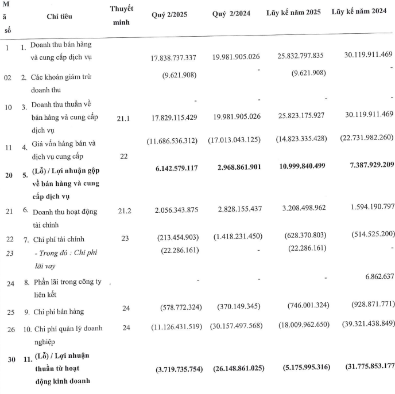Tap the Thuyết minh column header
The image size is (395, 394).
pyautogui.click(x=121, y=17)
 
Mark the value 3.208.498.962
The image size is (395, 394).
pyautogui.click(x=296, y=210)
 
